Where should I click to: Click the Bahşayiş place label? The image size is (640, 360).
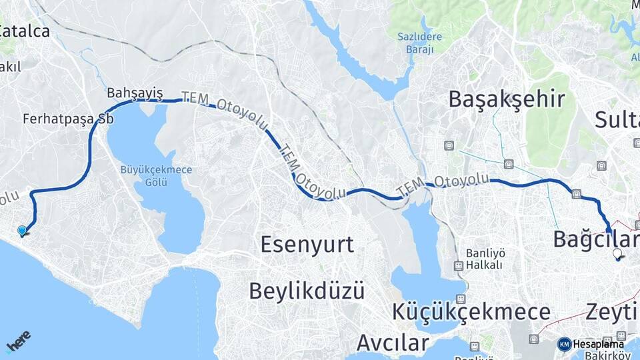tap(135, 93)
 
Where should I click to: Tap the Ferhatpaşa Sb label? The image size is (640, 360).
tap(68, 119)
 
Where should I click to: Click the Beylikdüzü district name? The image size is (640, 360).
tap(307, 291)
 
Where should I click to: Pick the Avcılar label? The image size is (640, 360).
tap(392, 343)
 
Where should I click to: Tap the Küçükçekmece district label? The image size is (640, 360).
tap(471, 311)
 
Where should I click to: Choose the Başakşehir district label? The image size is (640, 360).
tap(506, 99)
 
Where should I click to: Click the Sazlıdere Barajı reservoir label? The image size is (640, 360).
tap(415, 43)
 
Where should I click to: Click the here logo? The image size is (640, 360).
tap(18, 341)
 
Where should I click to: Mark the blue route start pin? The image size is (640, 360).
tap(23, 231)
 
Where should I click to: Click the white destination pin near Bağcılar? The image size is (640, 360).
tap(617, 254)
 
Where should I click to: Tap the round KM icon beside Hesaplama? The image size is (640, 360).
tap(564, 344)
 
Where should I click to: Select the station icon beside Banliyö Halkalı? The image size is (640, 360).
tap(458, 265)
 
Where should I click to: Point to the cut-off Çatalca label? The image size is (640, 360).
tap(25, 31)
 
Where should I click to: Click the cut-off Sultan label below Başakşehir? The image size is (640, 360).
tap(617, 120)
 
